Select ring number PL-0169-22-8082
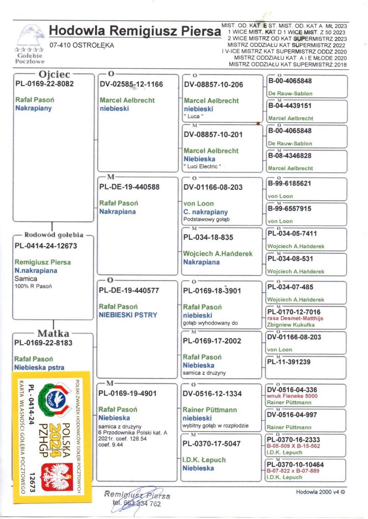(x=44, y=84)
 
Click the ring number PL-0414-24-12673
(x=46, y=246)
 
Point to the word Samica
(x=26, y=278)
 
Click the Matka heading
(x=53, y=333)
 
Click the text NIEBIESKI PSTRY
(x=128, y=315)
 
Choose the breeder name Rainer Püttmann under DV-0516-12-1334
(x=210, y=410)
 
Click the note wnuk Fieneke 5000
(x=292, y=396)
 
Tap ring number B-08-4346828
(x=290, y=156)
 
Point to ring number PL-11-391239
(x=289, y=361)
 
